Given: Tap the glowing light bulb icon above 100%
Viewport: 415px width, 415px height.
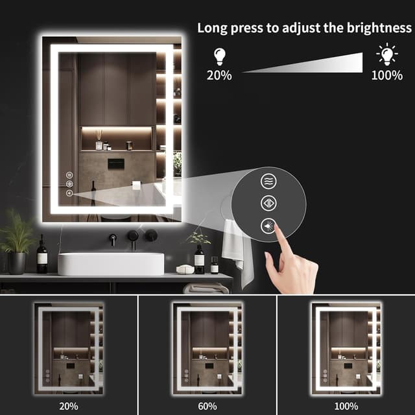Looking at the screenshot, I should click(x=388, y=54).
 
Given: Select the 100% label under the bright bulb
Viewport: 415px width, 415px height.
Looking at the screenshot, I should click(x=387, y=75).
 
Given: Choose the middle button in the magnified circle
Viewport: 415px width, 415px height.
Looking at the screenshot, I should click(x=268, y=203).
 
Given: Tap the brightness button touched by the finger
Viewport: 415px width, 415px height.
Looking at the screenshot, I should click(x=268, y=226).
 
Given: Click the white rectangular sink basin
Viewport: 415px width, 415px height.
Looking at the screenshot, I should click(x=111, y=263).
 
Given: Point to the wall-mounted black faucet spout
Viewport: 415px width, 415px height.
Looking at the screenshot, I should click(x=113, y=239).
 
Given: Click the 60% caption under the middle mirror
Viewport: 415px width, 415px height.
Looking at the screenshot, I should click(x=207, y=407).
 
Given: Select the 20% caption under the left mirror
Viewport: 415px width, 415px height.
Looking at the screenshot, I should click(x=68, y=407).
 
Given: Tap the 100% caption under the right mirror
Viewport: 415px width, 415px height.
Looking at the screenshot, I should click(x=346, y=407).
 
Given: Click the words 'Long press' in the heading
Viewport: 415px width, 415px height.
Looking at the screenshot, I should click(x=224, y=28).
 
